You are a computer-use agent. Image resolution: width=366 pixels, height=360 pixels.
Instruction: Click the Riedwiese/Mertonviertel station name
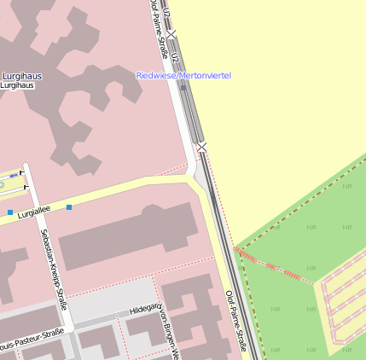(x=183, y=76)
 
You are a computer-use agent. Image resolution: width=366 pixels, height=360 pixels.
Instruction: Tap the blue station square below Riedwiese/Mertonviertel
(x=183, y=88)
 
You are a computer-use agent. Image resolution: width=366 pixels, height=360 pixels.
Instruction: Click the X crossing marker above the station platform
(x=171, y=34)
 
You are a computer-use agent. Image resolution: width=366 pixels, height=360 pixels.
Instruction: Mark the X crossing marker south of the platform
(x=201, y=148)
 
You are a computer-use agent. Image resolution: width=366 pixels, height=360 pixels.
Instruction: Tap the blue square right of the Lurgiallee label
(x=69, y=207)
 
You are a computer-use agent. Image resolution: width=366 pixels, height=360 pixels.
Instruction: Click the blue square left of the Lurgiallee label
(x=10, y=212)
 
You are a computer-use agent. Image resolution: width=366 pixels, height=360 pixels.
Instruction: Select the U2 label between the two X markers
(x=175, y=60)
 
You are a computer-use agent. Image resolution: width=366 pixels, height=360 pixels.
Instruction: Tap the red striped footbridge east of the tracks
(x=273, y=266)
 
